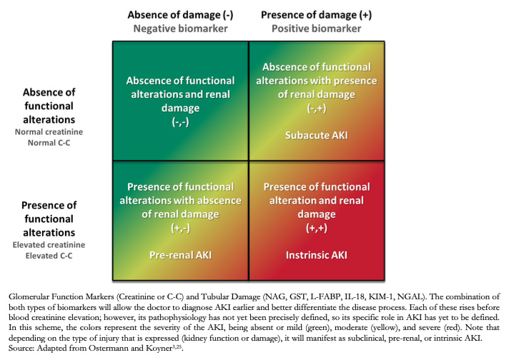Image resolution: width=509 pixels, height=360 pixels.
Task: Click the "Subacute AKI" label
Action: click(x=317, y=135)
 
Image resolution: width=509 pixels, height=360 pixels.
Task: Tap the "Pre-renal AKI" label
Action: click(x=180, y=255)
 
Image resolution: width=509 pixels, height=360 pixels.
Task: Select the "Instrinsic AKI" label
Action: click(x=317, y=255)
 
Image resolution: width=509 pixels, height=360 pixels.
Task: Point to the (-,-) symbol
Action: click(x=180, y=122)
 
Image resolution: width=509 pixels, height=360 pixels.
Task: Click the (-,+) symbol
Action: click(x=317, y=109)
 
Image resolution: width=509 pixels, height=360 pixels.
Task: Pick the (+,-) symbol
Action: click(x=180, y=229)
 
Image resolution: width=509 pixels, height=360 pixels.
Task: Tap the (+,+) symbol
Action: click(x=317, y=229)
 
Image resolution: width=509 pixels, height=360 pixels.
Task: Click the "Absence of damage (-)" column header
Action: click(x=180, y=15)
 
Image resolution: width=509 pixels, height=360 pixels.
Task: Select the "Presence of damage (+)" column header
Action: click(x=317, y=15)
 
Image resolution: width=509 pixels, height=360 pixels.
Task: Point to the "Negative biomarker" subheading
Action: click(x=180, y=29)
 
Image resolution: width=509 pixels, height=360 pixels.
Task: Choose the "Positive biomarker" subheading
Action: click(x=317, y=29)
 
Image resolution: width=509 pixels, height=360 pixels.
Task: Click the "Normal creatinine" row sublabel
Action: click(x=49, y=132)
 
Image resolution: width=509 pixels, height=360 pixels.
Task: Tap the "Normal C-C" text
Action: click(x=49, y=143)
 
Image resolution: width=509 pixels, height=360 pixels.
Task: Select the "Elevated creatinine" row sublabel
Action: click(x=49, y=245)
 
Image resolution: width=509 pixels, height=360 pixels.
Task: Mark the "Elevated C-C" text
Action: click(x=49, y=256)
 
